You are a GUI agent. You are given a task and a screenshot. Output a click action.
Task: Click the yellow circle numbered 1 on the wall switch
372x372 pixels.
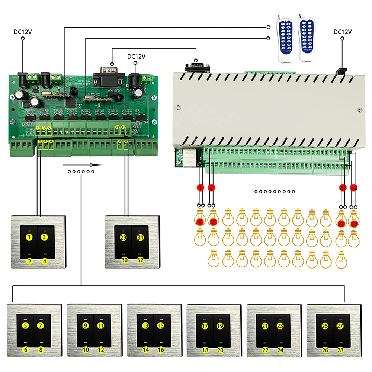tap(29, 237)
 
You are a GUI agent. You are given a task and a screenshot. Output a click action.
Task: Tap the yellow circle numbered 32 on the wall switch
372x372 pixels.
tap(140, 260)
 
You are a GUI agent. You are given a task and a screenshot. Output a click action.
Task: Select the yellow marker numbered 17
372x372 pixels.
tap(205, 326)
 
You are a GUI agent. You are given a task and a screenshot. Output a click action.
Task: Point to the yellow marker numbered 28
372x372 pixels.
tap(340, 350)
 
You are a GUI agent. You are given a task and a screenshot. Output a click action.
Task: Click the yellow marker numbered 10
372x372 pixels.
tap(86, 350)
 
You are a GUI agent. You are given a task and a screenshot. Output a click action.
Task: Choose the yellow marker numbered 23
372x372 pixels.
tap(280, 326)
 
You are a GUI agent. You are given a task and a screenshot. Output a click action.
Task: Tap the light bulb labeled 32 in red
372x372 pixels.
tap(354, 219)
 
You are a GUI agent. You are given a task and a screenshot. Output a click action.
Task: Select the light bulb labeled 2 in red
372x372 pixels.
tap(213, 218)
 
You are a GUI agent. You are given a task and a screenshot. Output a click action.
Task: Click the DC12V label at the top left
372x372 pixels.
tap(23, 32)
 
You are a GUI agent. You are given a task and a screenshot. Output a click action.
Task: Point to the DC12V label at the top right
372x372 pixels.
tap(343, 32)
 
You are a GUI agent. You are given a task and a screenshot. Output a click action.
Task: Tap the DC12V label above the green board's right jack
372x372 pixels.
tap(136, 57)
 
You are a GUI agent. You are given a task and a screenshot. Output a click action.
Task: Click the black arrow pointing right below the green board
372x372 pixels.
tap(83, 165)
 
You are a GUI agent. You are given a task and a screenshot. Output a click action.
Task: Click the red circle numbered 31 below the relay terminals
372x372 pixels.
tap(343, 188)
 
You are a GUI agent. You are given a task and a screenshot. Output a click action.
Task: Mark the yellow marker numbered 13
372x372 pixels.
tap(145, 326)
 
